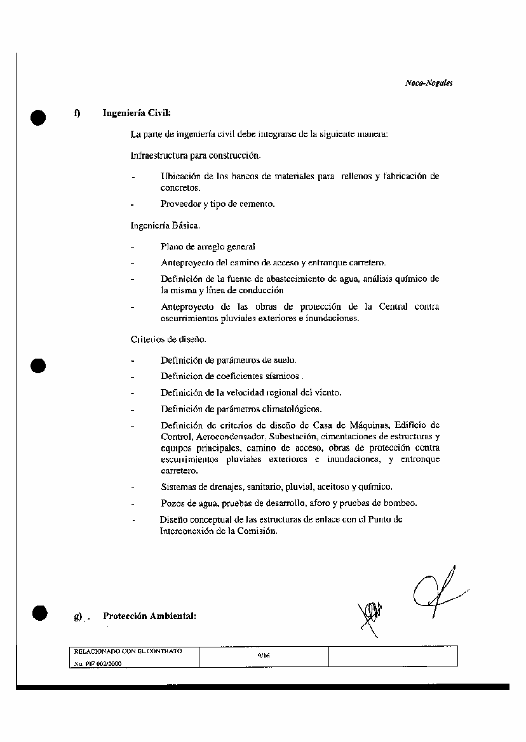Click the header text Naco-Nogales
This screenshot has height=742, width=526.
[x=428, y=83]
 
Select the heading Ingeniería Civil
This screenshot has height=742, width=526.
[x=137, y=114]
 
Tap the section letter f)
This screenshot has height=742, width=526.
[x=76, y=114]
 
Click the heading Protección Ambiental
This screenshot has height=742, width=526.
[x=149, y=616]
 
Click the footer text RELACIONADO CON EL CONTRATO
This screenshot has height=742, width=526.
[x=128, y=651]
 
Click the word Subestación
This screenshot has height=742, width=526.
[x=294, y=437]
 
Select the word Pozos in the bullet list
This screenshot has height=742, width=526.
[x=172, y=503]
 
